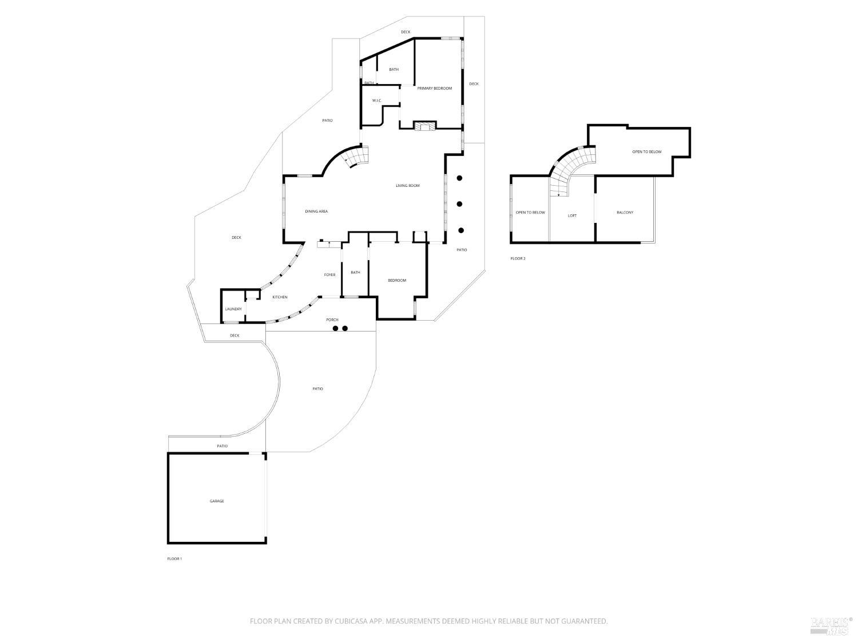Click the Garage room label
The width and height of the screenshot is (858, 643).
217,501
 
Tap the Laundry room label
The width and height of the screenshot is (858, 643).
233,309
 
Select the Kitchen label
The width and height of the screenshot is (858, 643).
280,297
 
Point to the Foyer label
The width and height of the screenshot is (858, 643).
330,275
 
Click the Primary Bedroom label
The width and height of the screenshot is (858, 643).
434,89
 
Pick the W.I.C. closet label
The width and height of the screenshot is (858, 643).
377,101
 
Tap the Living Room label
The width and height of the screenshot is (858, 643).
408,186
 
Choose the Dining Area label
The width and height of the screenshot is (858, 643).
316,211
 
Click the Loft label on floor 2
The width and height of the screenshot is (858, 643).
572,216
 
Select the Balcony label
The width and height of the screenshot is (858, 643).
625,213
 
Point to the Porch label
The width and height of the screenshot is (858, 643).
332,320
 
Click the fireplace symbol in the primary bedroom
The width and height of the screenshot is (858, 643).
425,126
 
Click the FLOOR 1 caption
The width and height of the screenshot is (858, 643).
174,558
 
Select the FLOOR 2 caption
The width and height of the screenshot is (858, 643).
518,258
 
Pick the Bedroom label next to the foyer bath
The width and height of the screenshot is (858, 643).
397,280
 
